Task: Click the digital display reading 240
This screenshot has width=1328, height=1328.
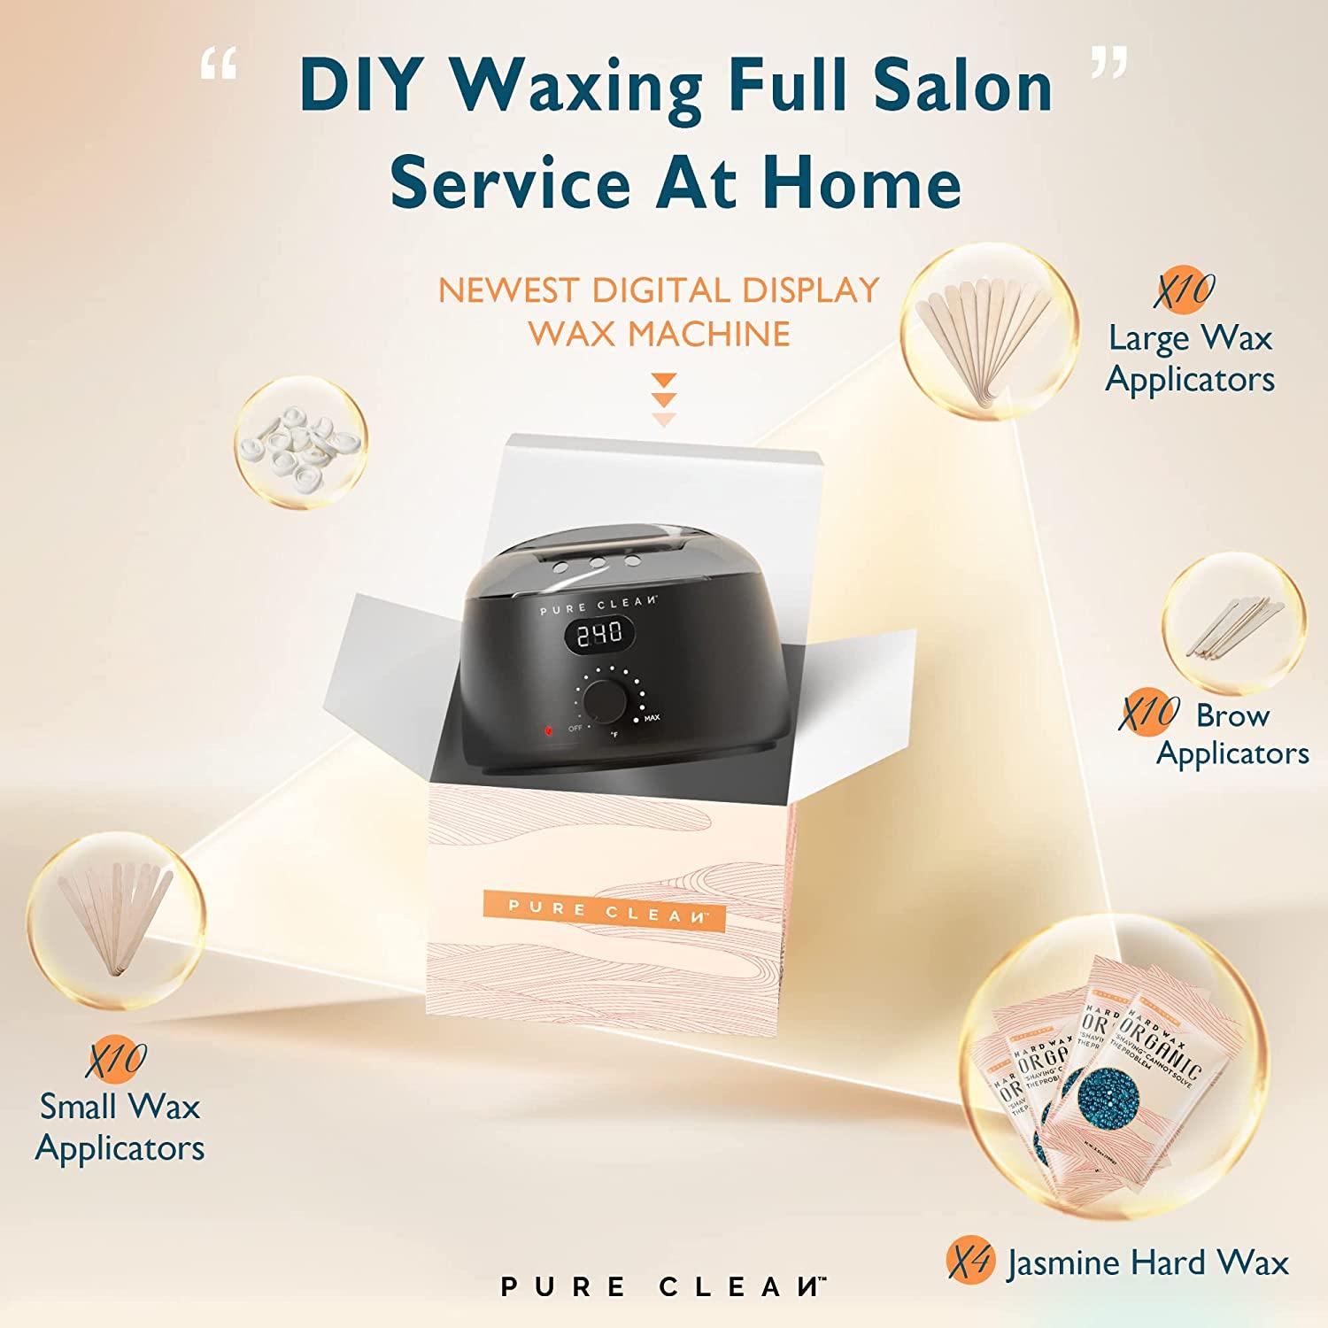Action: [x=600, y=633]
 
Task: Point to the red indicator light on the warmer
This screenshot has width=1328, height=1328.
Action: [x=548, y=731]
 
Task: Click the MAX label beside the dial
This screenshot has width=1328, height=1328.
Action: [x=652, y=718]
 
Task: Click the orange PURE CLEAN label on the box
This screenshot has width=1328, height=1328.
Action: [x=605, y=910]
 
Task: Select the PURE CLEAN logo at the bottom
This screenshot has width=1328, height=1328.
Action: [x=662, y=1286]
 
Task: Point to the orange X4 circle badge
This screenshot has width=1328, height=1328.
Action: [x=970, y=1262]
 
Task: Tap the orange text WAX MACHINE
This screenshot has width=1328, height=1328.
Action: [x=659, y=334]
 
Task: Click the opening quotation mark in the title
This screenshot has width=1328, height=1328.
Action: [x=218, y=67]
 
